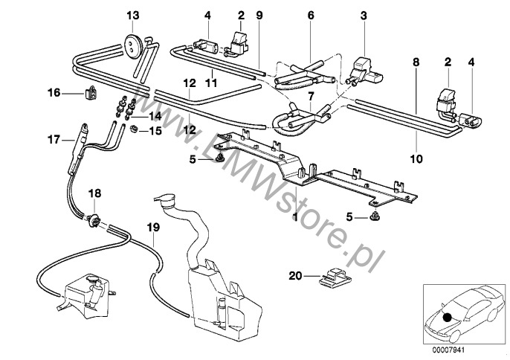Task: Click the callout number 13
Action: (x=132, y=15)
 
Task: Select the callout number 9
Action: (x=259, y=15)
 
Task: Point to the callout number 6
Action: (x=311, y=15)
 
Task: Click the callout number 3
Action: (x=364, y=15)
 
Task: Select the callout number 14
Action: (x=155, y=117)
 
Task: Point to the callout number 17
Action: (x=53, y=138)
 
